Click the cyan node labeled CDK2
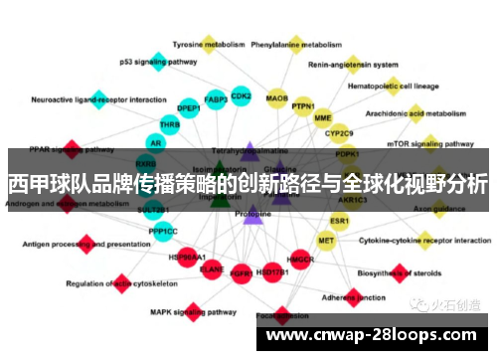pyautogui.click(x=241, y=95)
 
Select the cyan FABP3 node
pyautogui.click(x=216, y=99)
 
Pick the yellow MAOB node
pyautogui.click(x=277, y=98)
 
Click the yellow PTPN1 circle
pyautogui.click(x=303, y=106)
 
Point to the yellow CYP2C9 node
pyautogui.click(x=339, y=132)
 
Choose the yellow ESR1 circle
pyautogui.click(x=340, y=220)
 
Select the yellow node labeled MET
pyautogui.click(x=326, y=240)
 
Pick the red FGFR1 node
pyautogui.click(x=241, y=270)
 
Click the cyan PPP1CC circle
pyautogui.click(x=163, y=231)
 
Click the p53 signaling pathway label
pyautogui.click(x=158, y=61)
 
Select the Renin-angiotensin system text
pyautogui.click(x=352, y=65)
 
